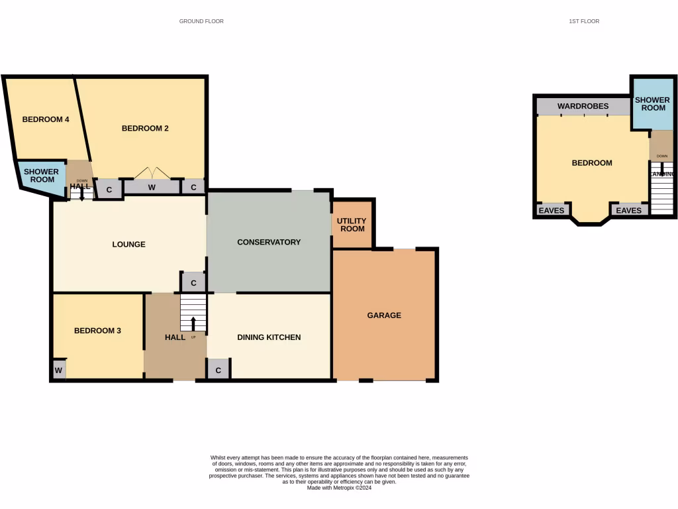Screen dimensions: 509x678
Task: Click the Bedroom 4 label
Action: (46, 119)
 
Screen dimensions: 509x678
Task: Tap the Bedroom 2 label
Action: (145, 128)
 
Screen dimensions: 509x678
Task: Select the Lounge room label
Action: (128, 244)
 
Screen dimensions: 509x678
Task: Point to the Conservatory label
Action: (269, 242)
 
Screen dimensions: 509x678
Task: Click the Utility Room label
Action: (351, 225)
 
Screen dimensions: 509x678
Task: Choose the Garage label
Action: (384, 315)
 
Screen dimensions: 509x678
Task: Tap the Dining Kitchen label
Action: (269, 337)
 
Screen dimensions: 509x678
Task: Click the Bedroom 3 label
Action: (97, 331)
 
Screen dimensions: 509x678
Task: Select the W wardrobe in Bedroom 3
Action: (59, 369)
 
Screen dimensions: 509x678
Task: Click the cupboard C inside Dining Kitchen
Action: (218, 369)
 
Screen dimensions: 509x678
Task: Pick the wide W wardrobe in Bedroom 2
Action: (152, 188)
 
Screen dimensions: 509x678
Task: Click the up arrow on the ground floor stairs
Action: (193, 323)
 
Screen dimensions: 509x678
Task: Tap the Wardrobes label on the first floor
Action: (583, 106)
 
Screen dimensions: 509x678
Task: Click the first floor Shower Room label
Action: (652, 104)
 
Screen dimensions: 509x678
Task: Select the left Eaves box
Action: (552, 210)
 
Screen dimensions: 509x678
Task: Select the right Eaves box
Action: (628, 210)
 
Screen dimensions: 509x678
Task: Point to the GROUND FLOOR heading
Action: (201, 21)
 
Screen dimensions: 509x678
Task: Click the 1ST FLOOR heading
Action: (584, 21)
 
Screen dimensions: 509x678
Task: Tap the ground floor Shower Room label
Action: (42, 176)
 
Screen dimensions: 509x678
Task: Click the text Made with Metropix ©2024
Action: (339, 488)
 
